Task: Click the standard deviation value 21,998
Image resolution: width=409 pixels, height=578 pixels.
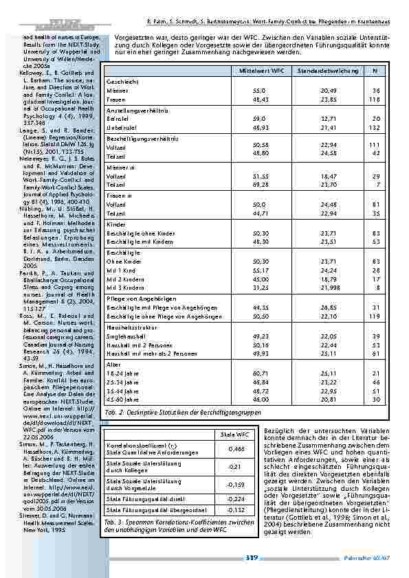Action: (x=322, y=288)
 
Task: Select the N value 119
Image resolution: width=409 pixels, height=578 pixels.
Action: (x=375, y=316)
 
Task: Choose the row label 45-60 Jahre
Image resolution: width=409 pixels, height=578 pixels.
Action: (x=122, y=398)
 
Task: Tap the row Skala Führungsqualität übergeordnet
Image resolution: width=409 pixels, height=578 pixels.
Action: (x=155, y=509)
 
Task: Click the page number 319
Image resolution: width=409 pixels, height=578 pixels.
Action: (x=252, y=557)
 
